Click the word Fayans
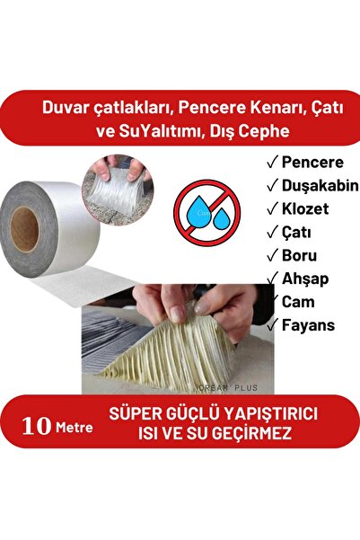point(306,324)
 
